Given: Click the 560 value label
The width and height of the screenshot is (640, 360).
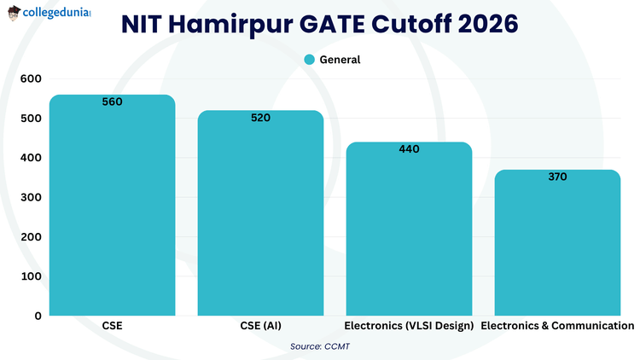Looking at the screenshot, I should click(x=112, y=102).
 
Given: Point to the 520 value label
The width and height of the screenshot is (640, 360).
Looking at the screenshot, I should click(x=260, y=118).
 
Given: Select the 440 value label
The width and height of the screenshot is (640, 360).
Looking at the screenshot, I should click(x=409, y=149).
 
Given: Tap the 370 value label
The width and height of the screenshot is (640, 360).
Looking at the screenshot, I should click(x=557, y=177).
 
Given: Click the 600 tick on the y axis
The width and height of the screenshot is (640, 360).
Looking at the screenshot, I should click(x=31, y=78).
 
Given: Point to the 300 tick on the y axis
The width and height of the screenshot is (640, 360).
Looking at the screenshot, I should click(x=31, y=197).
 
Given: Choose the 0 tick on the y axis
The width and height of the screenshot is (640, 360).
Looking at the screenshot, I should click(x=38, y=316).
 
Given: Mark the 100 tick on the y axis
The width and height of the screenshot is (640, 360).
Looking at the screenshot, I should click(x=31, y=276).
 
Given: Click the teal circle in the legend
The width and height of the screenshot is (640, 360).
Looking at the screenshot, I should click(x=310, y=60).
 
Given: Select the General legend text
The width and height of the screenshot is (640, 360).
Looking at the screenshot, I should click(x=340, y=60).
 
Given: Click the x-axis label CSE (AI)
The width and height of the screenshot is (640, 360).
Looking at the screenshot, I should click(x=260, y=326).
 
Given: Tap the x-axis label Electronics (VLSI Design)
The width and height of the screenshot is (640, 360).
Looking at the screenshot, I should click(x=409, y=326).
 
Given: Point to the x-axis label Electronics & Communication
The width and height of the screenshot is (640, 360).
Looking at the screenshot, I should click(x=557, y=326).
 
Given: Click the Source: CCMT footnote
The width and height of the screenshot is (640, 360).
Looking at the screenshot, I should click(x=320, y=345).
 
